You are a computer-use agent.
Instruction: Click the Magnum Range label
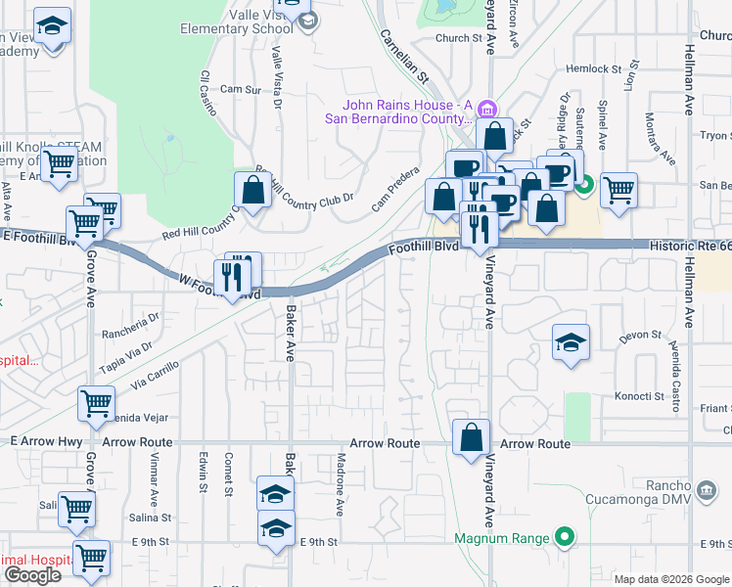502,538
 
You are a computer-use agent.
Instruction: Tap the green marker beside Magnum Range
564,537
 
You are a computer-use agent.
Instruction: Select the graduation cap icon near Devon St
572,342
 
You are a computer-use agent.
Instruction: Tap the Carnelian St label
405,55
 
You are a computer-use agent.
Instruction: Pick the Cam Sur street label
240,89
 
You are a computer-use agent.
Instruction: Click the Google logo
32,575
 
